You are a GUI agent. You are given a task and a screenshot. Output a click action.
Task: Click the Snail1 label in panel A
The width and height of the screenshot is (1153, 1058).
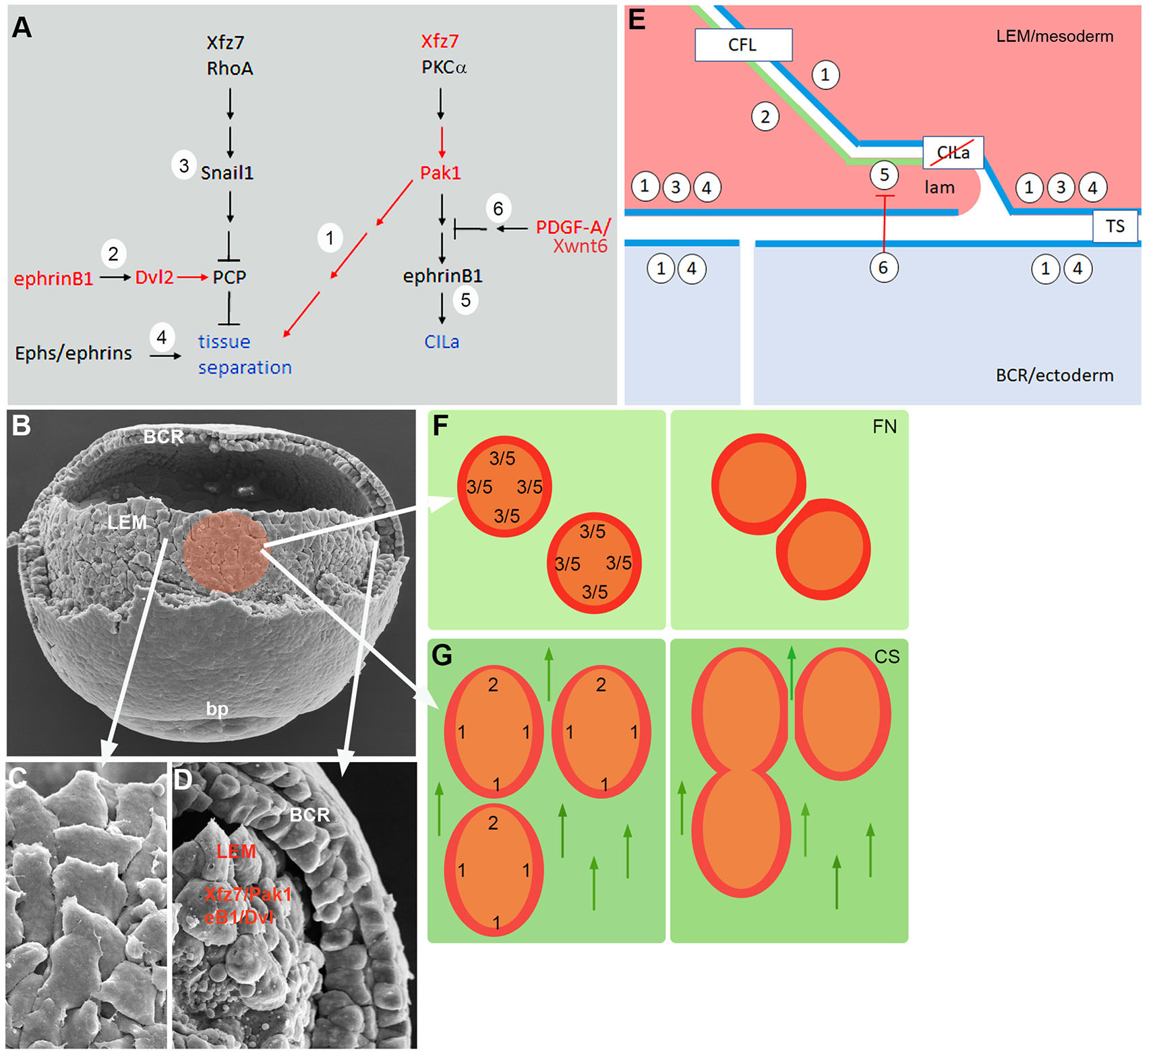(x=227, y=173)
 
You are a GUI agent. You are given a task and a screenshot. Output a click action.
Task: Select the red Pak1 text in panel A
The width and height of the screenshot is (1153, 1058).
(x=440, y=173)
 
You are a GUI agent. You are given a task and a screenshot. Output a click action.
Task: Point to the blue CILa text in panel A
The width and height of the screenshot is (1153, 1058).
(x=442, y=342)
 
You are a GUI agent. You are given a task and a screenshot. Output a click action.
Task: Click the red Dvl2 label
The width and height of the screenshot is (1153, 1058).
(x=154, y=277)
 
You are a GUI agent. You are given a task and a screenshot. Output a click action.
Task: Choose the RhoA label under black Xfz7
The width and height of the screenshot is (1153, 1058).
(x=230, y=68)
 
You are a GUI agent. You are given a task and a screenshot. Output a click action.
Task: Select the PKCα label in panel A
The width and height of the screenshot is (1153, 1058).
(x=444, y=67)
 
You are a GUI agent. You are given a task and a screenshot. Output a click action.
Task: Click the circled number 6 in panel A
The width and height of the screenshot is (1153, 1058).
(x=498, y=208)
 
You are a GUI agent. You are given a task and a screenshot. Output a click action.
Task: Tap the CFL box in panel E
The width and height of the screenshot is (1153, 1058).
(x=743, y=45)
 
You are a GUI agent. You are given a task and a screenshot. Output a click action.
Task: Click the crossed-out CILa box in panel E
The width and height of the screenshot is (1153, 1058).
(x=953, y=152)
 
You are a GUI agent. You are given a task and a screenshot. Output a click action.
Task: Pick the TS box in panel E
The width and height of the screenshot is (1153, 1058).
(x=1115, y=226)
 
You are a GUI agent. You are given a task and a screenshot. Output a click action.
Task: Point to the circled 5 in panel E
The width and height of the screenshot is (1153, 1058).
(x=884, y=175)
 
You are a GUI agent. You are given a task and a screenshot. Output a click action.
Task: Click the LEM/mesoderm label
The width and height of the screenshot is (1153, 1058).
(x=1055, y=36)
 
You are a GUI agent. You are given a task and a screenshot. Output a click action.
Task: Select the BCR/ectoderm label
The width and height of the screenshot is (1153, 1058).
(x=1055, y=375)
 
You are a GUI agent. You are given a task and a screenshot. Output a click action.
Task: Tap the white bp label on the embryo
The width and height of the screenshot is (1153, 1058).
(x=217, y=709)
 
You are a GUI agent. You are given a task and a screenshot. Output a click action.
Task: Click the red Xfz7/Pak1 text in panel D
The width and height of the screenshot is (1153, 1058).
(x=247, y=894)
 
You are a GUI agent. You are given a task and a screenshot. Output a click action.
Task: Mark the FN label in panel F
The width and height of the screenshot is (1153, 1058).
(x=885, y=427)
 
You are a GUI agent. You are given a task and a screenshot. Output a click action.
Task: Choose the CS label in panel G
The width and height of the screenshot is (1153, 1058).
(x=887, y=657)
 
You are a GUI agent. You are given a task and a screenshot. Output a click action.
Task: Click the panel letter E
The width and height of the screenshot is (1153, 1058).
(x=637, y=20)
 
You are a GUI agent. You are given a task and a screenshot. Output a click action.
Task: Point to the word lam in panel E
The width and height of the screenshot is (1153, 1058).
(x=939, y=187)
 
